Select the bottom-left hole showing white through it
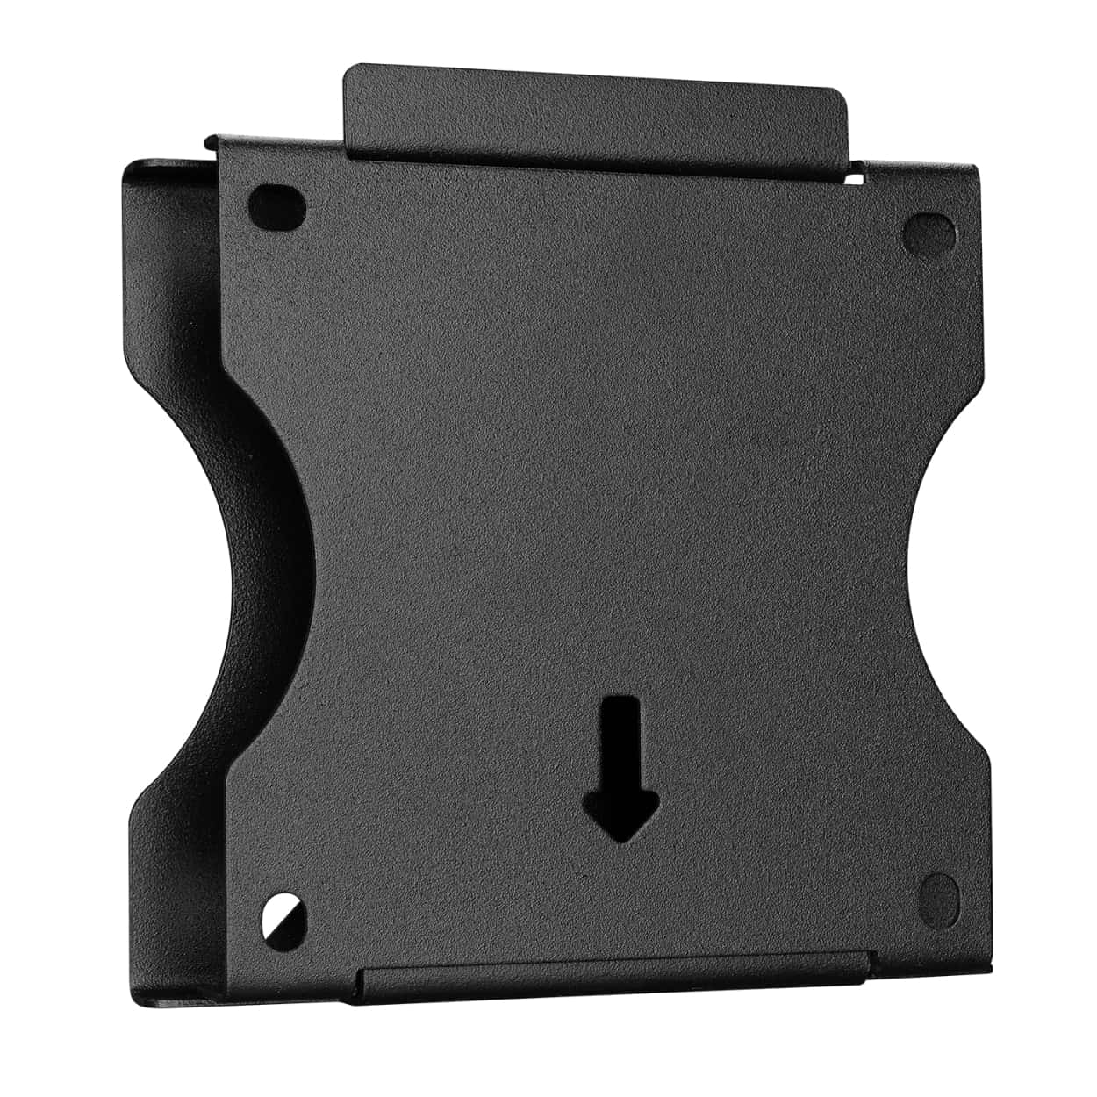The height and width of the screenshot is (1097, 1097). pyautogui.click(x=285, y=920)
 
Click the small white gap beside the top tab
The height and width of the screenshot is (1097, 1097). pyautogui.click(x=853, y=178)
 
